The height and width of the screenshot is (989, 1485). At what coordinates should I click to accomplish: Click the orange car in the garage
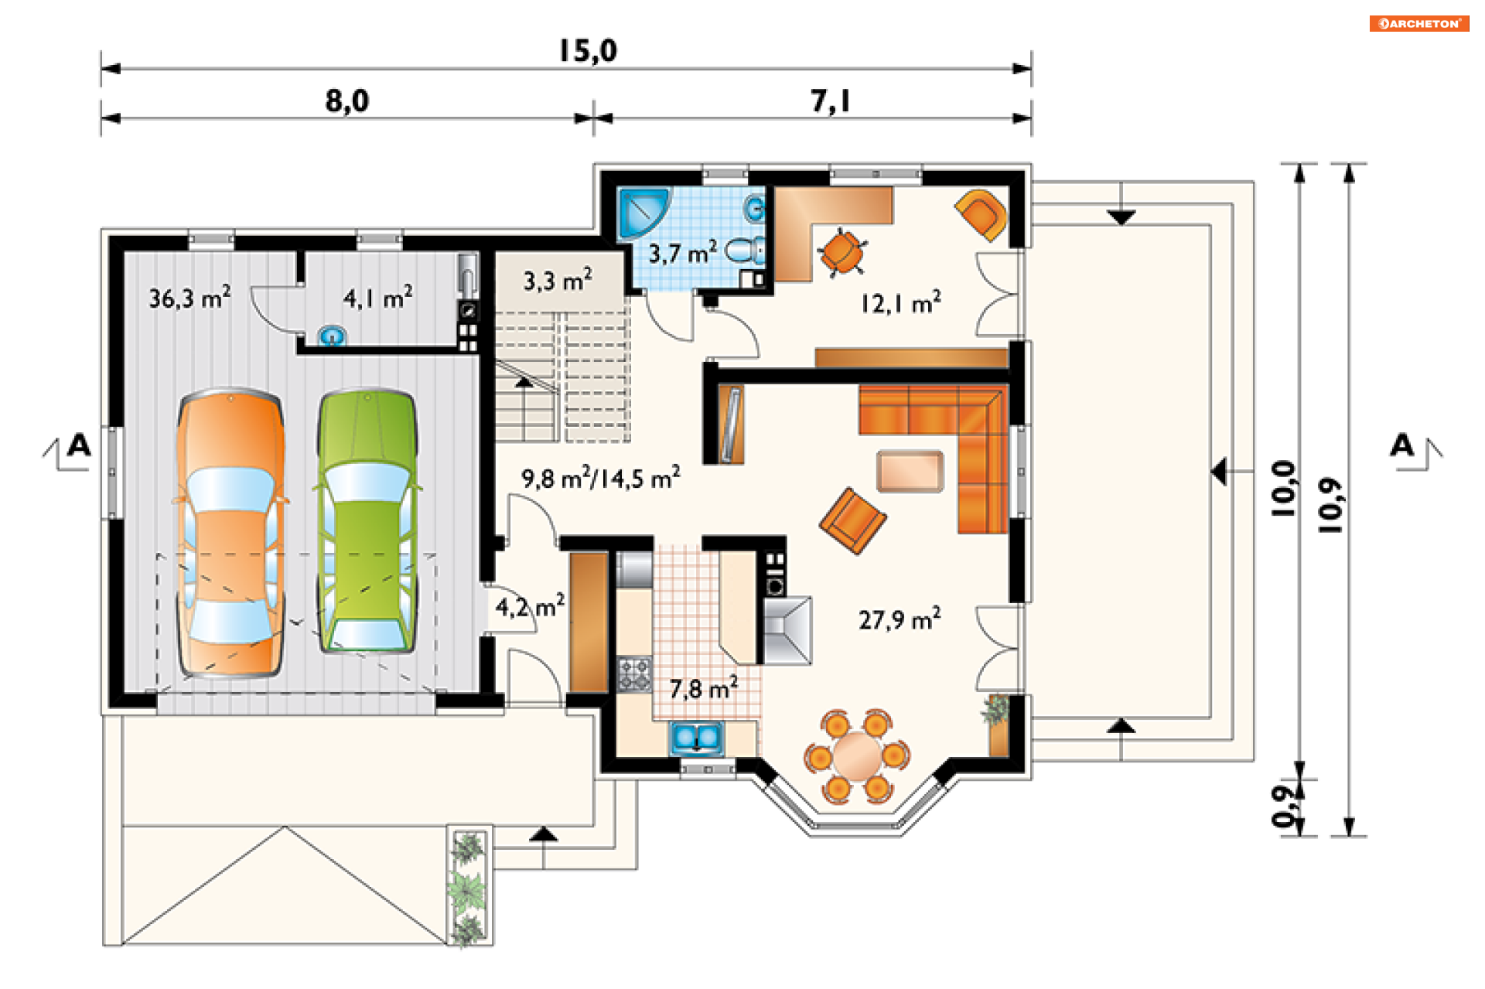pos(230,534)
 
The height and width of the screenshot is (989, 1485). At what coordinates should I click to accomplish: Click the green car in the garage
pos(367,522)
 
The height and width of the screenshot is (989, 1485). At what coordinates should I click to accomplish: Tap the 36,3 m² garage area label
pos(189,297)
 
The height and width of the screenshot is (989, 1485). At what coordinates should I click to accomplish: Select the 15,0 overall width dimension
pos(588,51)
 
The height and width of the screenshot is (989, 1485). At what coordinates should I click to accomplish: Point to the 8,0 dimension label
pos(347,101)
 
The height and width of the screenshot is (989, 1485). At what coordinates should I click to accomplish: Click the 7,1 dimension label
pos(830,101)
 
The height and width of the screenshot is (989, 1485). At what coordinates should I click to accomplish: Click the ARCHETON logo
pos(1419,23)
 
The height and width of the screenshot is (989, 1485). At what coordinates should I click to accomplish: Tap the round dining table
pos(857,755)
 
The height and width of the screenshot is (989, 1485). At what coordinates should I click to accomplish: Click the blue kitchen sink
pos(696,738)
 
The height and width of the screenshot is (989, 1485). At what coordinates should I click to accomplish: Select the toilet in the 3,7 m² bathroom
pos(746,250)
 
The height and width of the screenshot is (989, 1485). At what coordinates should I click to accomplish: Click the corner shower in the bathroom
pos(641,211)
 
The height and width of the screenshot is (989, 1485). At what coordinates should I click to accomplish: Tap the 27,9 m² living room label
pos(900,619)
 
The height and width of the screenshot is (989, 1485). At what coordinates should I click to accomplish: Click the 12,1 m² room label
pos(901,302)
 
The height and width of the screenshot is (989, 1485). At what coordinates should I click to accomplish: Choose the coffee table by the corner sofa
pos(910,471)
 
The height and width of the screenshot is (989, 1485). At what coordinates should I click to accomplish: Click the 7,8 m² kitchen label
pos(703,687)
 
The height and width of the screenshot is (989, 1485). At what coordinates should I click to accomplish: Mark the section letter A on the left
pos(79,446)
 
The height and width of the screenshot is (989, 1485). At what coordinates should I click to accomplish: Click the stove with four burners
pos(634,674)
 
